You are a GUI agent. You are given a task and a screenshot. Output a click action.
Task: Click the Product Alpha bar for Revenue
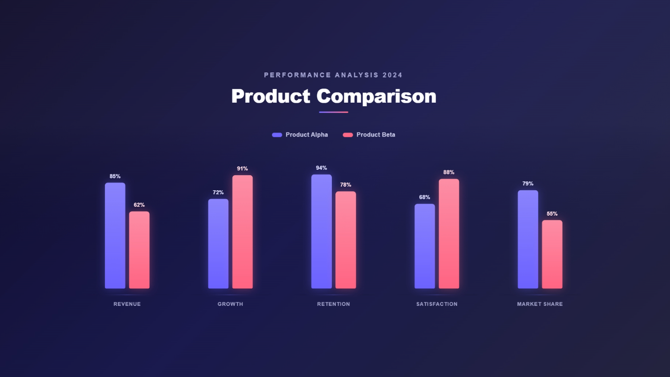pyautogui.click(x=115, y=236)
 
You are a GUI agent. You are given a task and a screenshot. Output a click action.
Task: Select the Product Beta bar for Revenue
pyautogui.click(x=139, y=250)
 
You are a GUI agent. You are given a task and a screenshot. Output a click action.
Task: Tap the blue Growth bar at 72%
pyautogui.click(x=218, y=244)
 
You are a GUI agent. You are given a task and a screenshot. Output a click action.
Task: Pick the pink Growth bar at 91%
pyautogui.click(x=243, y=232)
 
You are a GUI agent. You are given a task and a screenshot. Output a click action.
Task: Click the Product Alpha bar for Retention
pyautogui.click(x=321, y=231)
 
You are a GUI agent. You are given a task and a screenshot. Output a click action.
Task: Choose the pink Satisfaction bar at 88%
pyautogui.click(x=449, y=234)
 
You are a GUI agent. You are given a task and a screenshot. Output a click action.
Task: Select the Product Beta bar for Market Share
pyautogui.click(x=552, y=254)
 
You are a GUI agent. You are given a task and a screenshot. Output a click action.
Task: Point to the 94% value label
pyautogui.click(x=321, y=168)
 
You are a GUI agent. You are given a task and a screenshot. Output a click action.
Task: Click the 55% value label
pyautogui.click(x=552, y=214)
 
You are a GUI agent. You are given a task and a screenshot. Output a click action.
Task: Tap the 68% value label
pyautogui.click(x=425, y=197)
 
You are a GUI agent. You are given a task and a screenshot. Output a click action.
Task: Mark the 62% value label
pyautogui.click(x=139, y=205)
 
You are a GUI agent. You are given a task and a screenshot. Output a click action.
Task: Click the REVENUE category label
pyautogui.click(x=127, y=304)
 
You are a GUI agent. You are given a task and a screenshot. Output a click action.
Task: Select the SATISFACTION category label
pyautogui.click(x=437, y=304)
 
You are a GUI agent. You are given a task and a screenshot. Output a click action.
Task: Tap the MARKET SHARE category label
pyautogui.click(x=540, y=304)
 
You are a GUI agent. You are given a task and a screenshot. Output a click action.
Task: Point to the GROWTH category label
pyautogui.click(x=230, y=304)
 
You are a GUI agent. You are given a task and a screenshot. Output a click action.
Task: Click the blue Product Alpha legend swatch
pyautogui.click(x=277, y=135)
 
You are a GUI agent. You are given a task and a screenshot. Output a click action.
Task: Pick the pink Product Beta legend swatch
pyautogui.click(x=348, y=135)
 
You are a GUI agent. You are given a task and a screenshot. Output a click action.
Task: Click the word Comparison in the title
pyautogui.click(x=376, y=96)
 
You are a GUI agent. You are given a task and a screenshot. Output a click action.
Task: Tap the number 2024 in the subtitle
pyautogui.click(x=392, y=75)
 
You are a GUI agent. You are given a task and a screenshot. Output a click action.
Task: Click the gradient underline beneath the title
pyautogui.click(x=334, y=112)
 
